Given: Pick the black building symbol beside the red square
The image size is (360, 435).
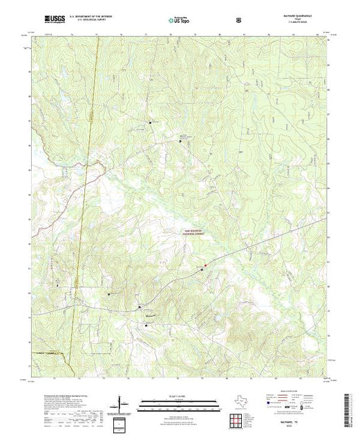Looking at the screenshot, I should [x=201, y=269].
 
